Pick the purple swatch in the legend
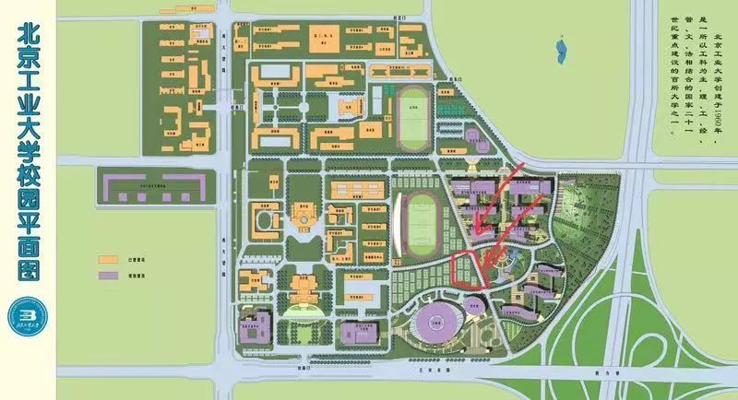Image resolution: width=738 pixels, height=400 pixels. tap(109, 276)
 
